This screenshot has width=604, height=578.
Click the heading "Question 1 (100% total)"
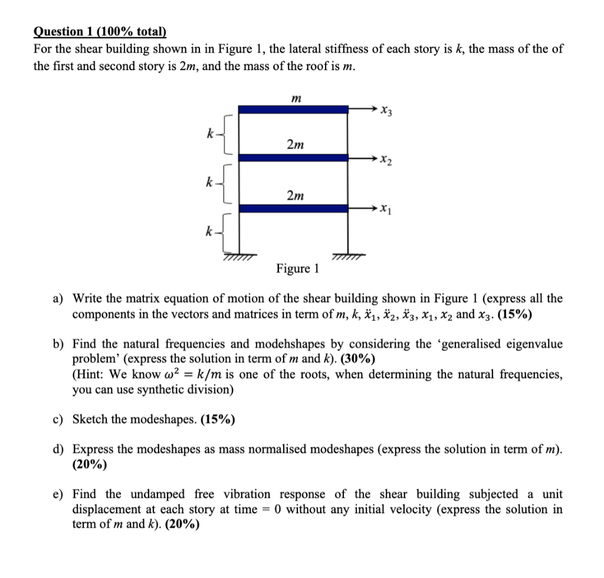tap(100, 32)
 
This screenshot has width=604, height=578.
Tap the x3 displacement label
tap(387, 110)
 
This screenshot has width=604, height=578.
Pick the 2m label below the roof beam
tap(295, 144)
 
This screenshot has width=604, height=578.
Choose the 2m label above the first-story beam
tap(295, 195)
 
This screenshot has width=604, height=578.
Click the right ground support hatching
tap(348, 255)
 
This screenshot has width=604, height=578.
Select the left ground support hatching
tap(238, 257)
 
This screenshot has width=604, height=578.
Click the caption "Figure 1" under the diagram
tap(297, 269)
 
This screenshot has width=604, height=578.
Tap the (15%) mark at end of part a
tap(515, 314)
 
